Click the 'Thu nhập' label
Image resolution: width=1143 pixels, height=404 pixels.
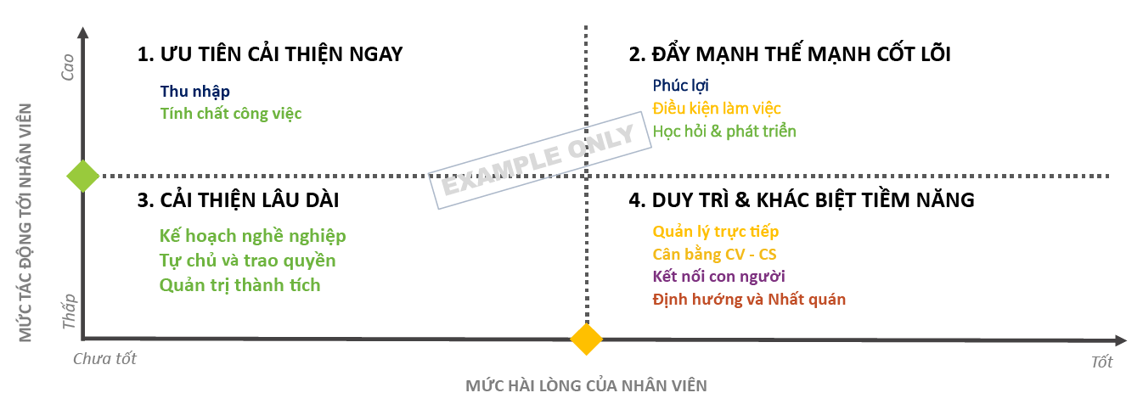coord(195,90)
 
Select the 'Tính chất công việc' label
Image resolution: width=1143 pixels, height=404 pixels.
coord(231,112)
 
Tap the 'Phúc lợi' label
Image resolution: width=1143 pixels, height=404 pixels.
coord(680,86)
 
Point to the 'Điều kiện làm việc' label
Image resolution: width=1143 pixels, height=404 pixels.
coord(716,109)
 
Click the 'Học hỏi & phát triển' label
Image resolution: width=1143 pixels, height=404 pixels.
coord(724,132)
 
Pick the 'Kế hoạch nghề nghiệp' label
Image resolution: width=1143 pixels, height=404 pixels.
coord(252,236)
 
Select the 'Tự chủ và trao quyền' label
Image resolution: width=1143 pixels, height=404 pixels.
coord(247,261)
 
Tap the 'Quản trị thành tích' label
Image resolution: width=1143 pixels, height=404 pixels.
coord(239,285)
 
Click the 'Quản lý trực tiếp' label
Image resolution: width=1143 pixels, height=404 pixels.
coord(715,231)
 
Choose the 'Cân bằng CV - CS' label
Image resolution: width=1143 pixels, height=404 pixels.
coord(714,254)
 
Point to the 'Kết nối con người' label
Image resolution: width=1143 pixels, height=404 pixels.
coord(718,277)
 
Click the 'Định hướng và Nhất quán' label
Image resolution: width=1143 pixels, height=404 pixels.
coord(749,300)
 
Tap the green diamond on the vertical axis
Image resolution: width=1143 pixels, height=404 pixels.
coord(82,177)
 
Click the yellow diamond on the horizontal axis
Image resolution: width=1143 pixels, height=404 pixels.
coord(586,339)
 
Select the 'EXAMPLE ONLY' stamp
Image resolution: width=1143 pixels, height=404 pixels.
coord(539,160)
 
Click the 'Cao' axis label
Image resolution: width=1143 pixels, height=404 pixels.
coord(69,67)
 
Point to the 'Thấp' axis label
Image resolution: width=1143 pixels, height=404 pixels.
coord(69,311)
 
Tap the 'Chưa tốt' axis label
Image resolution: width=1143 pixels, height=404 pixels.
coord(104,359)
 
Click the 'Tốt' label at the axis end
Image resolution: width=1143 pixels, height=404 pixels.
coord(1101,362)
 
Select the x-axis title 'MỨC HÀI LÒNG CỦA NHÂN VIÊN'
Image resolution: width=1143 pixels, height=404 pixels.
coord(586,385)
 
